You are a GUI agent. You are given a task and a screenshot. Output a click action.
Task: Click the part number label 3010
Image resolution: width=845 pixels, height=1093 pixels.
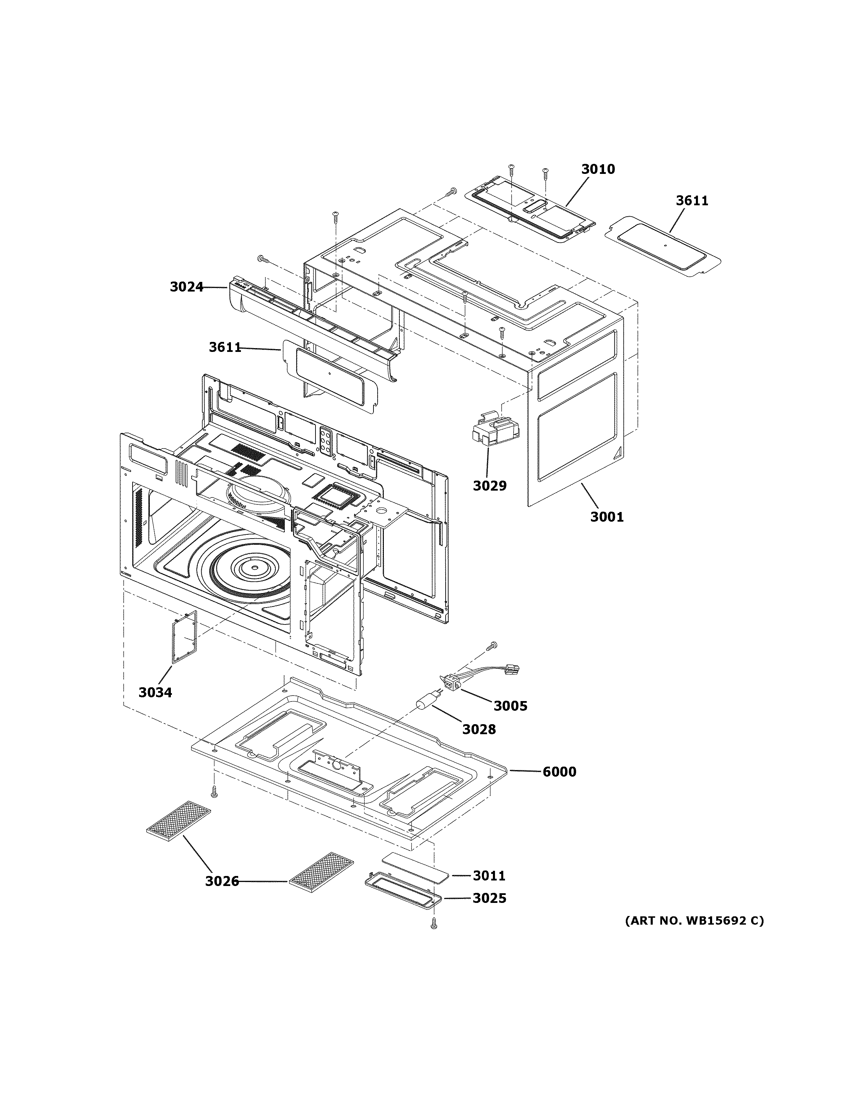click(598, 169)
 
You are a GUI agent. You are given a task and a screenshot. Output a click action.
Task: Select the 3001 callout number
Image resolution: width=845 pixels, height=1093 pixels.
click(607, 516)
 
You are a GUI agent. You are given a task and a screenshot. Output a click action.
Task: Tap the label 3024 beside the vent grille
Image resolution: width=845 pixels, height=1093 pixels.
click(186, 287)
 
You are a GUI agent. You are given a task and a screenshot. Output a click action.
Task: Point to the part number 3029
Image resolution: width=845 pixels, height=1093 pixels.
click(489, 485)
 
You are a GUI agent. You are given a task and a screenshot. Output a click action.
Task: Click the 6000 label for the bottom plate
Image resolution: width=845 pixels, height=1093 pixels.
click(559, 772)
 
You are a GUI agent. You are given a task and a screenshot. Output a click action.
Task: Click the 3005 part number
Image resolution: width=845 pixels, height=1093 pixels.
click(510, 706)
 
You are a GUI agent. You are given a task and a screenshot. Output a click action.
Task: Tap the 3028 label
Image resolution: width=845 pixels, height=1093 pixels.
click(478, 729)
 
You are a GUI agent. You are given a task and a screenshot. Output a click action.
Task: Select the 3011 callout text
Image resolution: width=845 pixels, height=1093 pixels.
click(489, 875)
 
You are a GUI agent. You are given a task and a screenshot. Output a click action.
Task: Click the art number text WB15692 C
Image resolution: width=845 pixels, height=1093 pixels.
click(694, 920)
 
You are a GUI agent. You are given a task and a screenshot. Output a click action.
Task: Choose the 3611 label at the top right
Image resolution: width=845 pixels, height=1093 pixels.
click(692, 201)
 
